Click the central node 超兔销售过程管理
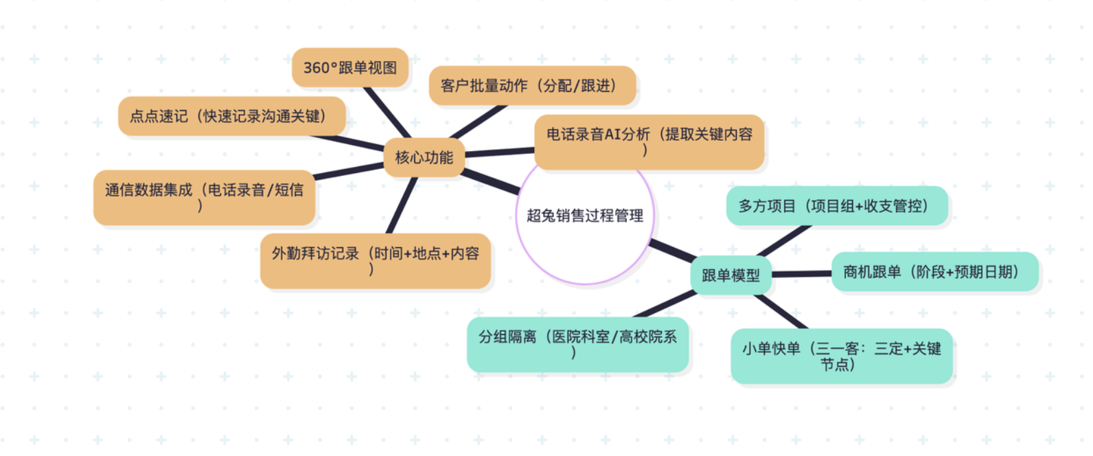584,216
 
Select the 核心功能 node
424,157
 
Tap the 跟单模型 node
730,275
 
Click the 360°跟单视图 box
350,67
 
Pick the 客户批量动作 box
532,86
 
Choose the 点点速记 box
231,116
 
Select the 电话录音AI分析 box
649,141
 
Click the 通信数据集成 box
204,197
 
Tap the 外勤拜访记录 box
375,260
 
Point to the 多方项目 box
837,205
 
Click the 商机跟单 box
934,272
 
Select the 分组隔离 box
577,344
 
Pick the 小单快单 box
841,356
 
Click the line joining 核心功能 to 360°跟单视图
387,112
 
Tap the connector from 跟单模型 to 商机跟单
801,274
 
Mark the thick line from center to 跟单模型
673,251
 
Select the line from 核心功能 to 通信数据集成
349,171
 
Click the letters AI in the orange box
613,135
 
